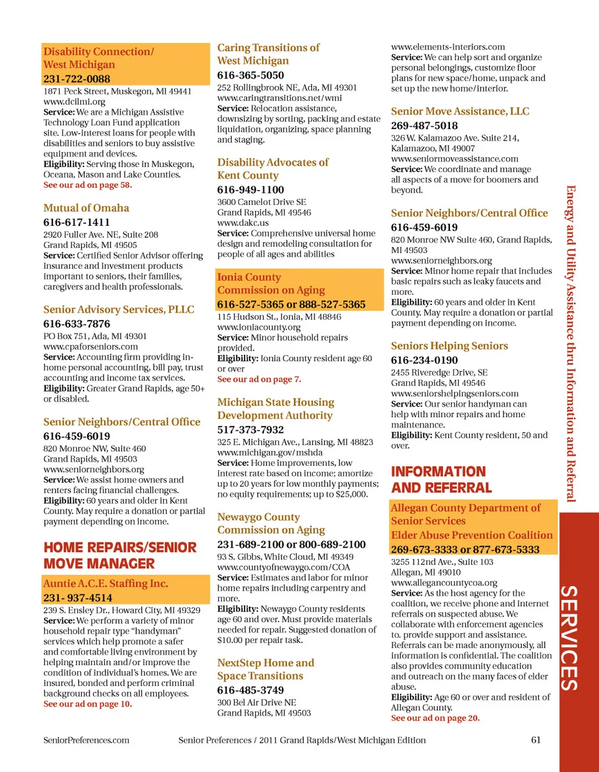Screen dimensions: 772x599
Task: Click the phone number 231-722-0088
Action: click(x=77, y=79)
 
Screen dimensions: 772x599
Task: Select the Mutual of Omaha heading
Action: click(x=86, y=208)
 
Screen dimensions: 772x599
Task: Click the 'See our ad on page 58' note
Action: click(x=87, y=185)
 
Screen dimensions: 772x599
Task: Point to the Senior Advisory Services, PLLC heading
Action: click(x=119, y=310)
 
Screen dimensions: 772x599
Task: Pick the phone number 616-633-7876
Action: click(x=77, y=324)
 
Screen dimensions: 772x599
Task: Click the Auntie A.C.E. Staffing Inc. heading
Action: click(x=105, y=584)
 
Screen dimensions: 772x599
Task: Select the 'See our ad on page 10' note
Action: click(x=87, y=704)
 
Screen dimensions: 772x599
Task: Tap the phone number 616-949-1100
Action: click(x=250, y=190)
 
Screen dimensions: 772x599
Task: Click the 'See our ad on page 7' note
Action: click(x=259, y=379)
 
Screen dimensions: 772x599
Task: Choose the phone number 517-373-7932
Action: click(x=250, y=430)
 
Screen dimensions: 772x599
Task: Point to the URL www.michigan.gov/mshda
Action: click(x=270, y=453)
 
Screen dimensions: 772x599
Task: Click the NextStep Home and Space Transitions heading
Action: click(x=265, y=669)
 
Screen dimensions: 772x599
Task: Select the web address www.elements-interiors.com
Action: click(x=448, y=47)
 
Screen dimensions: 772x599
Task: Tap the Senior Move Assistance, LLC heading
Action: click(x=460, y=112)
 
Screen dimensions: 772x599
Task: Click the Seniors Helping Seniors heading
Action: click(x=449, y=346)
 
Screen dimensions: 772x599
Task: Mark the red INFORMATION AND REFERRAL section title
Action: click(x=441, y=480)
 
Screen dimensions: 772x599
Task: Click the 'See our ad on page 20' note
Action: click(x=435, y=718)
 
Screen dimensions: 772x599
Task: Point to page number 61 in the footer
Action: click(x=535, y=740)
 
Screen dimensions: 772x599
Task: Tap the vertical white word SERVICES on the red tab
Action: click(x=568, y=637)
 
